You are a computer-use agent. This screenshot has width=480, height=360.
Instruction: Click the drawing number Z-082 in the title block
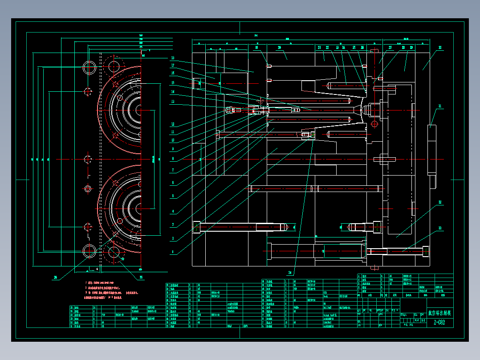pyautogui.click(x=439, y=323)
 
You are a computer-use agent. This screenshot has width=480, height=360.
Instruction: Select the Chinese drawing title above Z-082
pyautogui.click(x=439, y=313)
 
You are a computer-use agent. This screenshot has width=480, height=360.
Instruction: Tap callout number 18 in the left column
pyautogui.click(x=172, y=58)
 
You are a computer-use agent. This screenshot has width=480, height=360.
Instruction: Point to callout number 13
pyautogui.click(x=172, y=101)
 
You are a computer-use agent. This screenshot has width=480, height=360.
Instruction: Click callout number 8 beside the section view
pyautogui.click(x=172, y=159)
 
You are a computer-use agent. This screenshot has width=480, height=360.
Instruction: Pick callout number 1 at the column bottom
pyautogui.click(x=172, y=252)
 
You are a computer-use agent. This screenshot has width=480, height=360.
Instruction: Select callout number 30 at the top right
pyautogui.click(x=440, y=48)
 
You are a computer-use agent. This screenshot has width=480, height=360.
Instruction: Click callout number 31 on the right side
pyautogui.click(x=440, y=106)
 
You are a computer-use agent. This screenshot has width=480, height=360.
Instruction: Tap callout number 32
pyautogui.click(x=440, y=202)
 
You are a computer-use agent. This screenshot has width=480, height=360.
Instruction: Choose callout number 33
pyautogui.click(x=440, y=229)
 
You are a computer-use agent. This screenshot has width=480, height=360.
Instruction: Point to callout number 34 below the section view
pyautogui.click(x=290, y=273)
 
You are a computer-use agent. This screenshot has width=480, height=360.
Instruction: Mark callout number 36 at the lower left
pyautogui.click(x=56, y=278)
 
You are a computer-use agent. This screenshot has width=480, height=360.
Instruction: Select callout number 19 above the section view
pyautogui.click(x=256, y=47)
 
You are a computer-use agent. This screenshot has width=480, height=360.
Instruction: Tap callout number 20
pyautogui.click(x=280, y=47)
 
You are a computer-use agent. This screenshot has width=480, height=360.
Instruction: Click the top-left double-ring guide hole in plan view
pyautogui.click(x=89, y=68)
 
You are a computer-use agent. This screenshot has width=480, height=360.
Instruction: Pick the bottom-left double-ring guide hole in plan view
pyautogui.click(x=89, y=251)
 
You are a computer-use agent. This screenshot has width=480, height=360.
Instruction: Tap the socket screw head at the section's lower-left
pyautogui.click(x=196, y=227)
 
